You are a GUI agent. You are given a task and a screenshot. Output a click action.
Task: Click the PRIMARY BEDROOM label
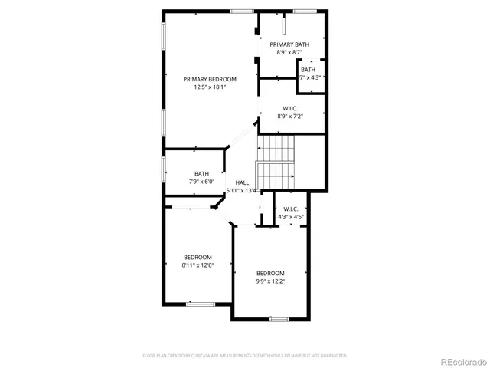coord(209,79)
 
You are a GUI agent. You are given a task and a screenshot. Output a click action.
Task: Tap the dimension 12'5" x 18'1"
coord(209,87)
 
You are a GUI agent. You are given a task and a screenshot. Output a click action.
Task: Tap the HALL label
coord(242,182)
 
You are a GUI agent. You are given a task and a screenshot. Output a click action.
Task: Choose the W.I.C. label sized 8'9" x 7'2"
coord(289,108)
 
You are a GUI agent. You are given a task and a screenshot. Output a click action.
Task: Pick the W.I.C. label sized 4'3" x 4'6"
coord(290,209)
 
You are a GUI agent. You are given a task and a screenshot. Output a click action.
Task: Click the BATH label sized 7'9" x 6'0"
coord(201,173)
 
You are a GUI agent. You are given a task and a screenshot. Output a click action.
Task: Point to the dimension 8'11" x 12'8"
coord(198,265)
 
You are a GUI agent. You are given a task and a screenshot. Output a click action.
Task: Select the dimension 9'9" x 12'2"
coord(270,281)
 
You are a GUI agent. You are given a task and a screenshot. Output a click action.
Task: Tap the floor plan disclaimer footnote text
coord(245,356)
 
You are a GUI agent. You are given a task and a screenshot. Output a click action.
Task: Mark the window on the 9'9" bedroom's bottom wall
coord(279,318)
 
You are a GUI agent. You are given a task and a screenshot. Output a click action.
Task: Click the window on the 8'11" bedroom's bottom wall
coord(201,304)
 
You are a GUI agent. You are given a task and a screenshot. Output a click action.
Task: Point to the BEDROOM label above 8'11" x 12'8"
coord(198,257)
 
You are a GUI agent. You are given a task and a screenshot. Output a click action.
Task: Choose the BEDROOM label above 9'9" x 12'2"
coord(270,273)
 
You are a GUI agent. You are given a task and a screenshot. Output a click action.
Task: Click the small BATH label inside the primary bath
coord(308,70)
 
